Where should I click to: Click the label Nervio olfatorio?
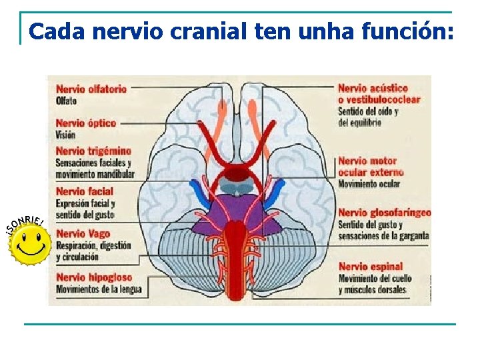tap(91, 89)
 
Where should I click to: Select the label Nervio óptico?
tap(86, 123)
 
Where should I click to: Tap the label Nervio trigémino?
tap(93, 151)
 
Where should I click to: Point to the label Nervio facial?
tap(85, 192)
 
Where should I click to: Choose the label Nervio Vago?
tap(83, 234)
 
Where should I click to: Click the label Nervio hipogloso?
tap(94, 277)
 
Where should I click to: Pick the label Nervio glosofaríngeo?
tap(384, 213)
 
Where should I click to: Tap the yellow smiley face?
tap(29, 243)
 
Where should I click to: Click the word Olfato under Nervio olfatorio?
tap(67, 101)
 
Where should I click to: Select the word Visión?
tap(66, 135)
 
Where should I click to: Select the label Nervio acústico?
tap(373, 88)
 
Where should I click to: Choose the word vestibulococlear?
tap(385, 99)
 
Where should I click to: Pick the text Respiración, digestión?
tap(93, 245)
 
